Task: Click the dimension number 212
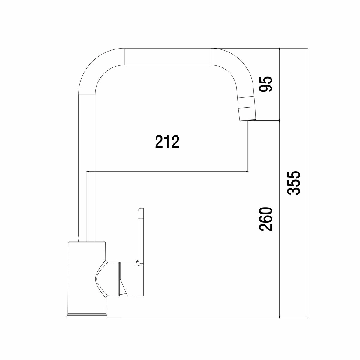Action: pyautogui.click(x=167, y=142)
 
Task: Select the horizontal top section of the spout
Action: pyautogui.click(x=168, y=57)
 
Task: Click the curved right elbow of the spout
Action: pyautogui.click(x=237, y=69)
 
